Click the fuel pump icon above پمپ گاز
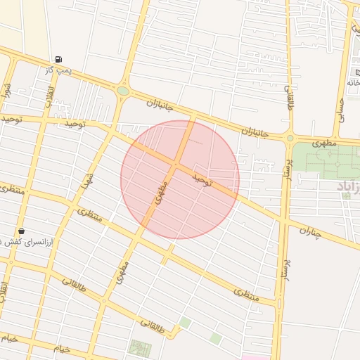pyautogui.click(x=57, y=59)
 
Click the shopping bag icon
pyautogui.click(x=21, y=231)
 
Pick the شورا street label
pyautogui.click(x=7, y=91)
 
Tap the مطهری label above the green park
pyautogui.click(x=325, y=143)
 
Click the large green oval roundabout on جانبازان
pyautogui.click(x=123, y=91)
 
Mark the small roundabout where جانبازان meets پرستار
pyautogui.click(x=290, y=138)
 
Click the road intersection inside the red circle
pyautogui.click(x=174, y=165)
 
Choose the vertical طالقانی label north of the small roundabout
pyautogui.click(x=288, y=97)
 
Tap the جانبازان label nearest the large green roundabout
pyautogui.click(x=160, y=105)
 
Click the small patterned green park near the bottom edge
pyautogui.click(x=139, y=347)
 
